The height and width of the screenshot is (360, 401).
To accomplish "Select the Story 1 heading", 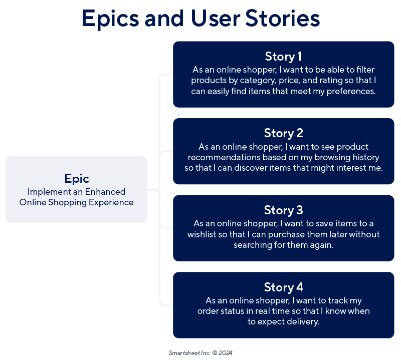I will [283, 56].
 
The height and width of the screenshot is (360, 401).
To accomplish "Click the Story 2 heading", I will [283, 133].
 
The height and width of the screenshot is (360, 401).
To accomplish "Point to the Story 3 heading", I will [283, 210].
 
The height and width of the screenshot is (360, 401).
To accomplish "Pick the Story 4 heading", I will [283, 287].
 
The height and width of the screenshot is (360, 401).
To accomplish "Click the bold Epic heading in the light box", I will [76, 179].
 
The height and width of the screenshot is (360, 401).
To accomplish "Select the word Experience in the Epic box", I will [110, 202].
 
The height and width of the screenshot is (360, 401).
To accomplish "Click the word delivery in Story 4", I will [302, 322].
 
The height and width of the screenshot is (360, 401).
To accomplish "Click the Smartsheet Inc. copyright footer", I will [200, 352].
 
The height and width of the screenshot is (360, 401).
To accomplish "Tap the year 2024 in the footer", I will [226, 352].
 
